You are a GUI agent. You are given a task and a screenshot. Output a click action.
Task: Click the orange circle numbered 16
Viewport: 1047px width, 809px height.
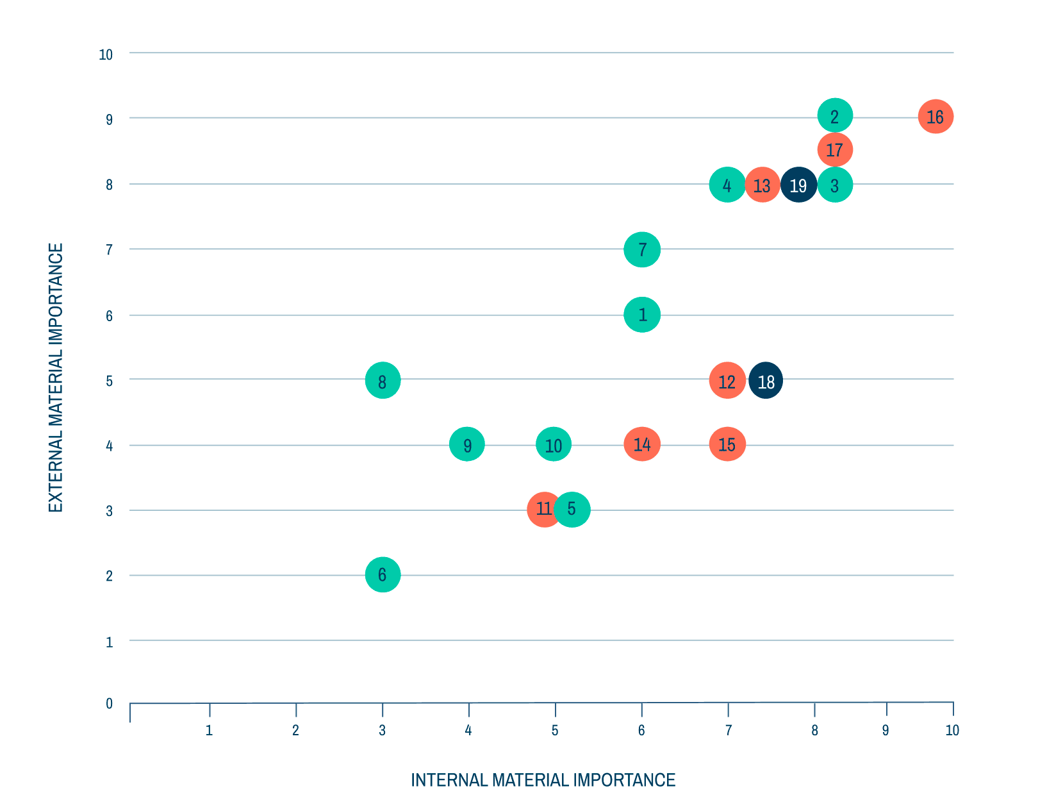[936, 117]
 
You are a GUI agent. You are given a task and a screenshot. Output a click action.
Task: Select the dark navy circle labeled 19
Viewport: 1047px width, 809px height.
[798, 185]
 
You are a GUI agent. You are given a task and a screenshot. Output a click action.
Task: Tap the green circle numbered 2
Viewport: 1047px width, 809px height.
[835, 117]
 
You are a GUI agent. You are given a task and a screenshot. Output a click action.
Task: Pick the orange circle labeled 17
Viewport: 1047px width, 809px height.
[835, 151]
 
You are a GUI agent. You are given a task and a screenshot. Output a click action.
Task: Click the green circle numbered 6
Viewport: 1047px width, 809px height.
[383, 574]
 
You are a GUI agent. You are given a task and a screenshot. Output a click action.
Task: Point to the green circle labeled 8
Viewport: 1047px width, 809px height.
[383, 381]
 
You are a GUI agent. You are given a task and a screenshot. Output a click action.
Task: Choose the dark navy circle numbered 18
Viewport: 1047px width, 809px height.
[766, 381]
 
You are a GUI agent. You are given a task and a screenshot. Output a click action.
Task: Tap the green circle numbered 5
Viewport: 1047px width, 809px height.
[572, 510]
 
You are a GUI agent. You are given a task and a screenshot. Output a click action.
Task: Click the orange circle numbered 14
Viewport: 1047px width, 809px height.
[642, 444]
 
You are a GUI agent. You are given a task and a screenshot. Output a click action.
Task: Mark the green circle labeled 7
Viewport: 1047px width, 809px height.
[642, 249]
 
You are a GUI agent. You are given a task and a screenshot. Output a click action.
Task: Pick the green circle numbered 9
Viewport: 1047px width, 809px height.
[467, 444]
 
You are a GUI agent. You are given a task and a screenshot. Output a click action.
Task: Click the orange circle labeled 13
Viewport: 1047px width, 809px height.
[762, 185]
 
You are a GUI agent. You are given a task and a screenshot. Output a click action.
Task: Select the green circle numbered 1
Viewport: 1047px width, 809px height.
[642, 315]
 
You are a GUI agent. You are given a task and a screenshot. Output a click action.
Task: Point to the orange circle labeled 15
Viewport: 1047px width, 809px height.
[727, 444]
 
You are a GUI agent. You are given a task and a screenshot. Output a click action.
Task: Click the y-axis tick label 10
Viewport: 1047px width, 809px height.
[106, 55]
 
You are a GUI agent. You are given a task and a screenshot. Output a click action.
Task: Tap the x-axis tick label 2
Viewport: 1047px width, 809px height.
[295, 730]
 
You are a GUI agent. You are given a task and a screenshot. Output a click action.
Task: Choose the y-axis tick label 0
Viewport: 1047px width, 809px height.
[109, 704]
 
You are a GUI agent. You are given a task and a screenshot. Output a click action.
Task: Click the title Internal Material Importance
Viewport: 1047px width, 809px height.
[543, 780]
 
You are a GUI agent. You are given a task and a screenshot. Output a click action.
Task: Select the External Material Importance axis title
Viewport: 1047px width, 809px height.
[56, 378]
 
